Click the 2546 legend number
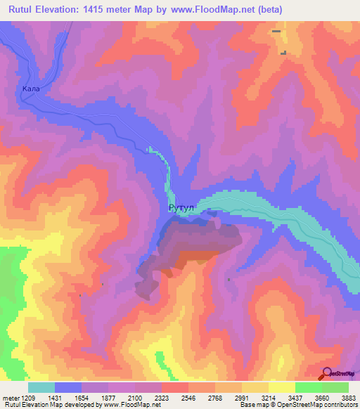coord(188,398)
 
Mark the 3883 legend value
coord(348,398)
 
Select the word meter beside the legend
coord(11,398)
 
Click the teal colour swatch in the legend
coord(41,387)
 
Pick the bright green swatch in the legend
coord(308,387)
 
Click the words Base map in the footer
coord(252,405)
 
